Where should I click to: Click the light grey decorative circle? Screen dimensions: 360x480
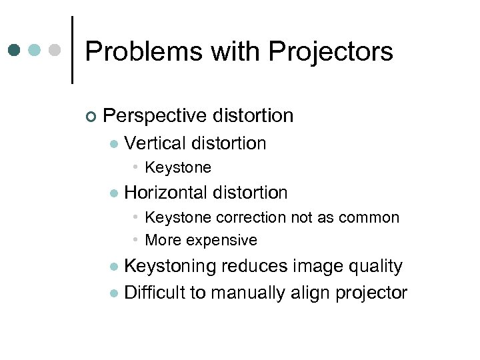55,51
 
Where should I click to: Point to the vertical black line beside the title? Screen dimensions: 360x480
72,50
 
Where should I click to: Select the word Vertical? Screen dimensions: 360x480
155,143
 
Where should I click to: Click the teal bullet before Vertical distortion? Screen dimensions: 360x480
114,144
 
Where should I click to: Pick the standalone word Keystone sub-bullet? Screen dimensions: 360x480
177,167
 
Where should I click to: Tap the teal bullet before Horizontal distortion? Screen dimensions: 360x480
114,193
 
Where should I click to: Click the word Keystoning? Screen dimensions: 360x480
170,267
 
